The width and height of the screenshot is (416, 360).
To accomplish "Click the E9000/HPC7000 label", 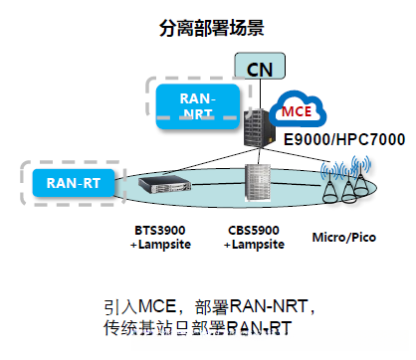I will pyautogui.click(x=344, y=139).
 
